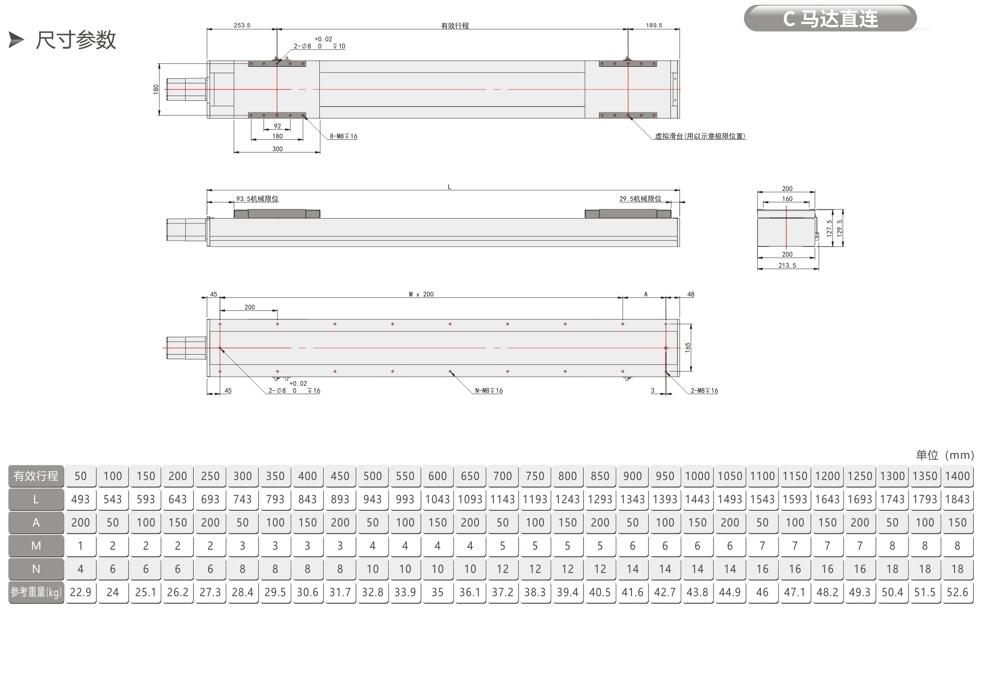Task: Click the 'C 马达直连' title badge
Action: [830, 19]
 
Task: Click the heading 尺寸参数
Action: [76, 40]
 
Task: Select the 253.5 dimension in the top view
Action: [242, 25]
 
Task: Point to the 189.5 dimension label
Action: [654, 25]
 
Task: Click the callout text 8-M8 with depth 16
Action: [343, 136]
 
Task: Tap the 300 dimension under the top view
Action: [277, 149]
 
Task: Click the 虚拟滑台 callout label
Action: [700, 136]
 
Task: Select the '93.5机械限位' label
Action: [257, 199]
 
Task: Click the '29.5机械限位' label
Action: [640, 199]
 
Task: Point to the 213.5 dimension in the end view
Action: [787, 265]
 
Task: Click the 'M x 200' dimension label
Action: [421, 294]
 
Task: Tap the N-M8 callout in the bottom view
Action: [489, 391]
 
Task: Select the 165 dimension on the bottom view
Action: [688, 347]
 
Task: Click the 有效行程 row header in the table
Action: [36, 476]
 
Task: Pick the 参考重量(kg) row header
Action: [36, 592]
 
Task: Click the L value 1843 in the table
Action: [957, 499]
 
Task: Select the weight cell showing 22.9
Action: [80, 592]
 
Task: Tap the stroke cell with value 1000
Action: [697, 476]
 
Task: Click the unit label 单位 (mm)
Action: [944, 455]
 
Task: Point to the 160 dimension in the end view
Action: [787, 199]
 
